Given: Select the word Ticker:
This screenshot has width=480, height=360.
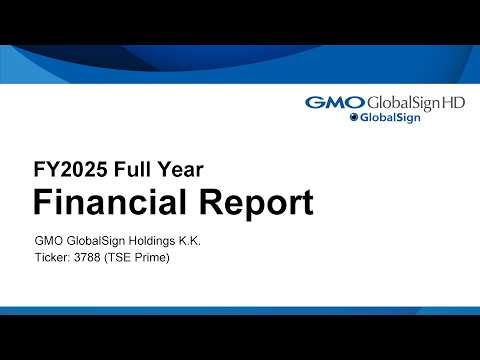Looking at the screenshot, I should (54, 259).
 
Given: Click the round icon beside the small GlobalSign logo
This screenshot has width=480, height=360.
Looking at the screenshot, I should (354, 118).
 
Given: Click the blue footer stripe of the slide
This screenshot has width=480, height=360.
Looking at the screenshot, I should (240, 311).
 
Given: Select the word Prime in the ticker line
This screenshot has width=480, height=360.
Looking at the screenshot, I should (155, 259).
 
